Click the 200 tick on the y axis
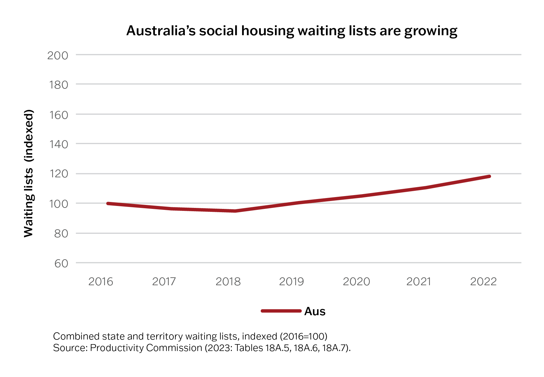tap(58, 55)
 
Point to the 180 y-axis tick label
tap(58, 85)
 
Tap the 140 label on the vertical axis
tap(58, 144)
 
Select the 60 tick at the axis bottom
tap(61, 264)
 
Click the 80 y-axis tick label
tap(61, 234)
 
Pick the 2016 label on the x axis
tap(101, 282)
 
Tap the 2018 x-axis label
tap(228, 282)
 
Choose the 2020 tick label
tap(356, 282)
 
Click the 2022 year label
tap(483, 282)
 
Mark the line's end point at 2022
tap(489, 177)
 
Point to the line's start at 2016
tap(108, 203)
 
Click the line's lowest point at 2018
tap(235, 211)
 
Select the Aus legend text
tap(315, 311)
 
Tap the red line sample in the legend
tap(281, 311)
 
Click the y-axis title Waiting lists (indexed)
tap(29, 173)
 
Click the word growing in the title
tap(431, 31)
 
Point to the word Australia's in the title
tap(161, 31)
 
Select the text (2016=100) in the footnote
tap(303, 336)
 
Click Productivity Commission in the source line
tap(146, 348)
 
